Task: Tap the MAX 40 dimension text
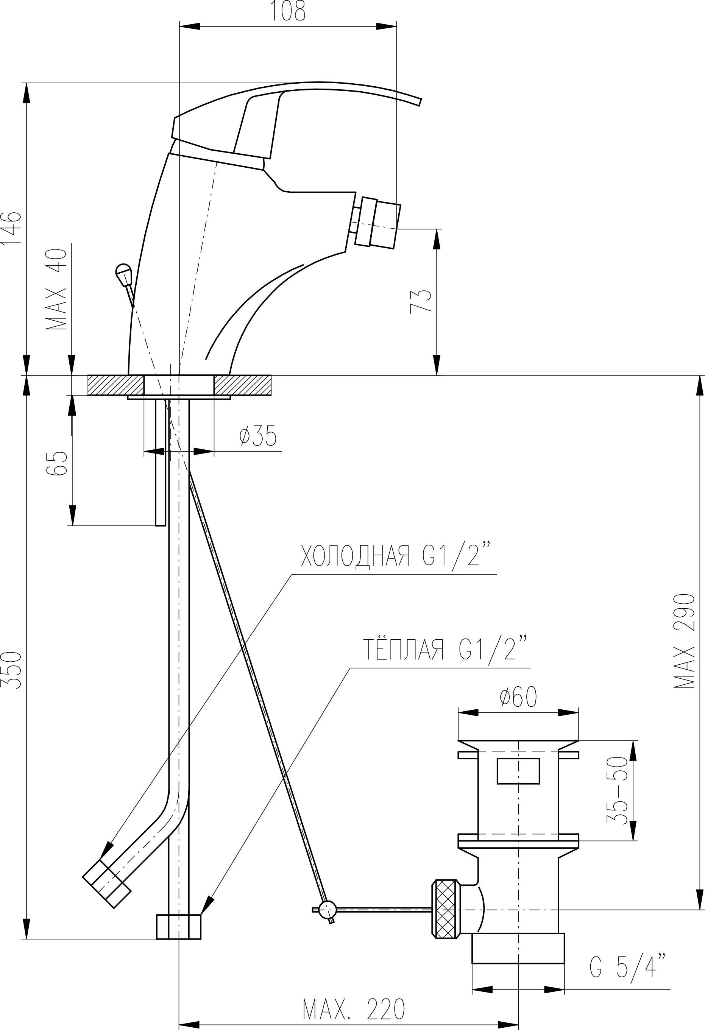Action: click(56, 289)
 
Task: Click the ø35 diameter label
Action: click(258, 436)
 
